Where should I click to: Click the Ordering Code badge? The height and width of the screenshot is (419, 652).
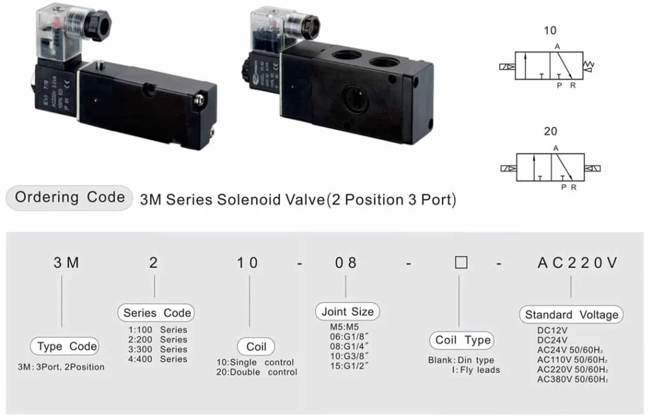[69, 198]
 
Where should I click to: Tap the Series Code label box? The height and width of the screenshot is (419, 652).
[157, 312]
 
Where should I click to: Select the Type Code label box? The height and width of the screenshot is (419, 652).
[67, 347]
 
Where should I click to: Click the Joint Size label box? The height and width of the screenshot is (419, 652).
[348, 312]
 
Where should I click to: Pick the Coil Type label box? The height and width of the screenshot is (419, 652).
[462, 340]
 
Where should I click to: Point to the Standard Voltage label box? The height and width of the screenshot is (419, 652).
[571, 314]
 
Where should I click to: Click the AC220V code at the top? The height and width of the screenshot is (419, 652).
[578, 263]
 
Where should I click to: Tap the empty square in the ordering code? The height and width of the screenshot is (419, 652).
[462, 263]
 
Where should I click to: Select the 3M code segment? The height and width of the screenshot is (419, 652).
[66, 263]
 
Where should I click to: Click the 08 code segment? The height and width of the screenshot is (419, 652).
[347, 263]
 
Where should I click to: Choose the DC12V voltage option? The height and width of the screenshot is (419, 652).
[552, 330]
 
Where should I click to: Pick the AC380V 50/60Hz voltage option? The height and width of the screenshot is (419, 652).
[573, 379]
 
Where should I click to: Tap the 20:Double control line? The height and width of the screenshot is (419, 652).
[257, 372]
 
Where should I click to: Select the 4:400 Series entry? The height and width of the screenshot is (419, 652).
[158, 359]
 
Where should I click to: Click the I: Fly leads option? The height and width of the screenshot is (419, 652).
[476, 370]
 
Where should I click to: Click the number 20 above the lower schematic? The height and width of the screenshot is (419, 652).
[550, 131]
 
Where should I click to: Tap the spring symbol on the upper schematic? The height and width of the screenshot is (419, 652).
[589, 64]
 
